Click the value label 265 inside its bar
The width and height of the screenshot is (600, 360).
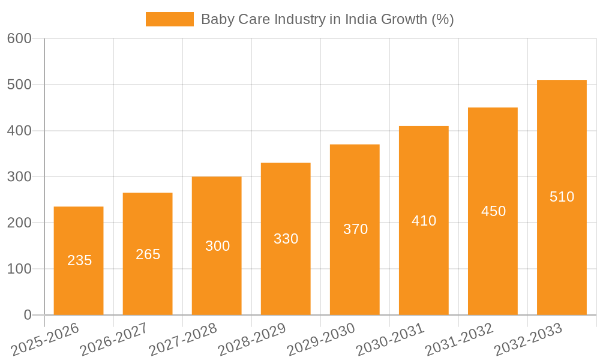pos(148,254)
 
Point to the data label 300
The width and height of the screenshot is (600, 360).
pos(217,246)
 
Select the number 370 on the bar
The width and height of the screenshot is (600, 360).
pos(355,229)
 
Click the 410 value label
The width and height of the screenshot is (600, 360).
pos(424,221)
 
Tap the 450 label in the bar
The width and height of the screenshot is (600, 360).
pos(493,211)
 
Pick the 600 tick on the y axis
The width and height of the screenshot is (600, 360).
pos(19,38)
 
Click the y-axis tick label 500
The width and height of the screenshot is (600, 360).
pos(19,85)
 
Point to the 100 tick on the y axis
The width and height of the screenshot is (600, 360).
pos(19,269)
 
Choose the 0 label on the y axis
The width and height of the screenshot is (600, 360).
pos(28,315)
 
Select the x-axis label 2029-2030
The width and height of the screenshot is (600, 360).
pos(320,340)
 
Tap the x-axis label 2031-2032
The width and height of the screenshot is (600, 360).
pos(458,340)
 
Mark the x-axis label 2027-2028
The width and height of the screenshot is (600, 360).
pos(182,340)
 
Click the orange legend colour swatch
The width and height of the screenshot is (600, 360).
pos(170,19)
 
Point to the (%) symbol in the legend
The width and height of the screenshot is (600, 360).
pos(443,19)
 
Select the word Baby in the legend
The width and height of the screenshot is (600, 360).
pos(215,19)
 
